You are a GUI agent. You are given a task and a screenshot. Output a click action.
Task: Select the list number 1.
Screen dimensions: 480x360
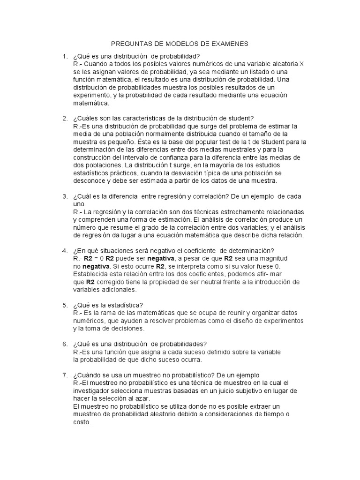point(65,57)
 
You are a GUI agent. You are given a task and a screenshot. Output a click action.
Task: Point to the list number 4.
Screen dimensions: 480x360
point(65,251)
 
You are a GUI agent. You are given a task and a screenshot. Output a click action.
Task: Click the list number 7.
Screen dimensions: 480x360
point(65,375)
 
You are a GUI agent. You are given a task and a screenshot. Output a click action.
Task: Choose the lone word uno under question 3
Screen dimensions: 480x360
point(79,204)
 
